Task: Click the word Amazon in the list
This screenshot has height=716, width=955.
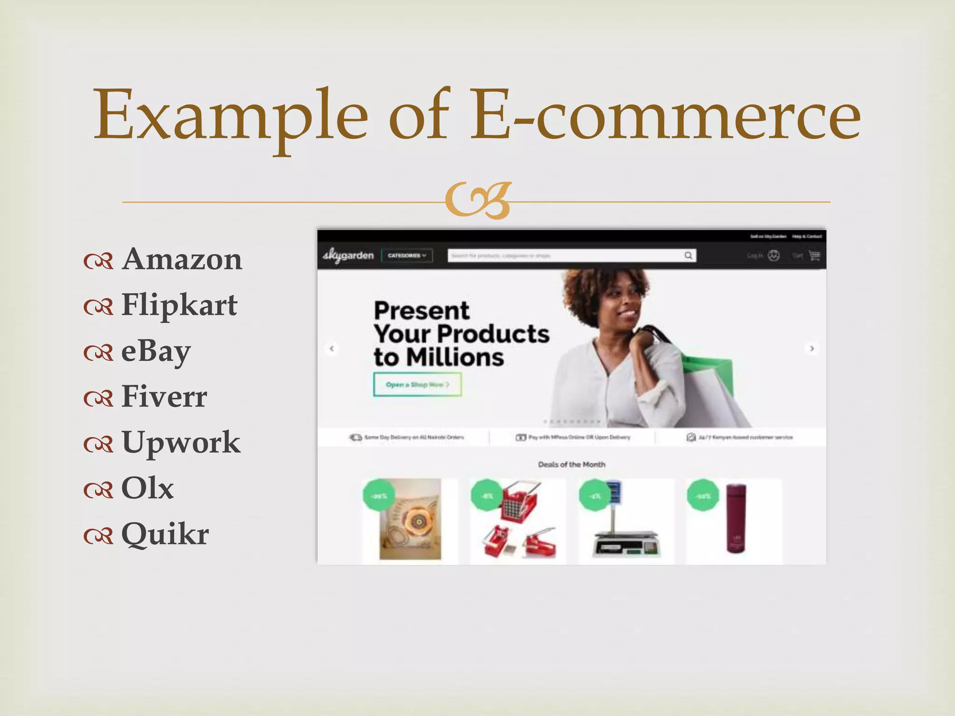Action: pyautogui.click(x=182, y=259)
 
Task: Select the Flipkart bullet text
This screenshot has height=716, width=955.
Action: pyautogui.click(x=180, y=305)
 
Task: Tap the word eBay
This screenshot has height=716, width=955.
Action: pyautogui.click(x=156, y=351)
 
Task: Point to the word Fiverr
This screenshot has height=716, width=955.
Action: pyautogui.click(x=164, y=397)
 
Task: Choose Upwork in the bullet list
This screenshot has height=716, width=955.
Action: pyautogui.click(x=181, y=442)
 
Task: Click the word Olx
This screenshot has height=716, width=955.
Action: pyautogui.click(x=147, y=489)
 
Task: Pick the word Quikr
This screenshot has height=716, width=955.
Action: pyautogui.click(x=165, y=534)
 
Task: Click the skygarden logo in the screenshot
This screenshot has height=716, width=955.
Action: pyautogui.click(x=348, y=255)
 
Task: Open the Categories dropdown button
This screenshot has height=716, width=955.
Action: pyautogui.click(x=407, y=255)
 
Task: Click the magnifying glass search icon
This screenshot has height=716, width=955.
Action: pyautogui.click(x=688, y=255)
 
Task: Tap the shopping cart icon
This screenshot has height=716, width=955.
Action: pyautogui.click(x=814, y=255)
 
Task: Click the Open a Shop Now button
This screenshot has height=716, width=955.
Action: pyautogui.click(x=417, y=385)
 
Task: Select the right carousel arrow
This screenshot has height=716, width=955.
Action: pyautogui.click(x=812, y=348)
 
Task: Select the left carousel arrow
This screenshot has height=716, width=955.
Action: pyautogui.click(x=332, y=348)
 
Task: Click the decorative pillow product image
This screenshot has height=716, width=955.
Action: pyautogui.click(x=410, y=519)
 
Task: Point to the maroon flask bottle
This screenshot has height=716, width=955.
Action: pyautogui.click(x=736, y=518)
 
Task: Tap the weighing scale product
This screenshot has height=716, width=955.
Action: pyautogui.click(x=626, y=527)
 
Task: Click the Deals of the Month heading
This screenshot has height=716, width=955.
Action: pyautogui.click(x=572, y=464)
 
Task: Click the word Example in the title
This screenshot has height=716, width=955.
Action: pyautogui.click(x=231, y=115)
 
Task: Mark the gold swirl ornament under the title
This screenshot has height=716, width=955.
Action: pyautogui.click(x=477, y=201)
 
